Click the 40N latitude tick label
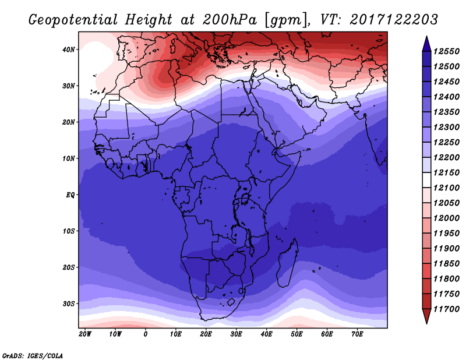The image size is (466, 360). tap(69, 50)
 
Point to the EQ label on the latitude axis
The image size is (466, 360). tap(70, 195)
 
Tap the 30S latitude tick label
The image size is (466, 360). tap(69, 303)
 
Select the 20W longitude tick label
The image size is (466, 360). tap(84, 334)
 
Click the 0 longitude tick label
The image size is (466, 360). tap(145, 334)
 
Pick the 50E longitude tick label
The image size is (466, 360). tap(296, 334)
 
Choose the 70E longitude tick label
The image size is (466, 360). tap(357, 334)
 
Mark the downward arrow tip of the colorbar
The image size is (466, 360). tap(426, 321)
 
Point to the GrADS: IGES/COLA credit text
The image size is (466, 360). tap(32, 355)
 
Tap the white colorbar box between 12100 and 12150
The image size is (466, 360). tap(426, 180)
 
